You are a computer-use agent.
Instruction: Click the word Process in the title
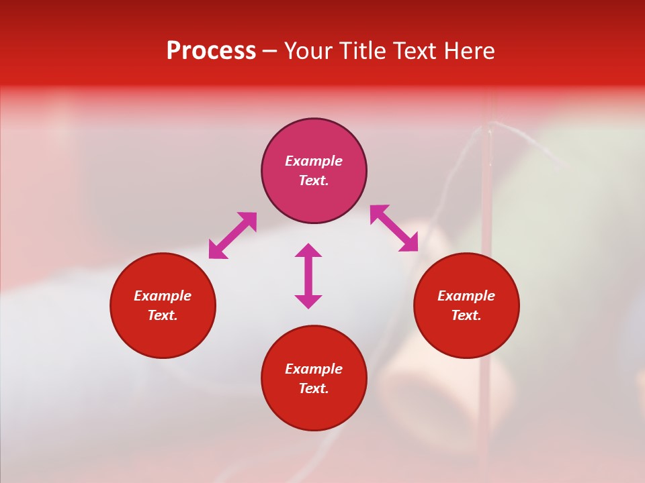pos(211,51)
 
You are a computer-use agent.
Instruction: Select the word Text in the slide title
pos(416,51)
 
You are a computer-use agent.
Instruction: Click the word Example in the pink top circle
pos(314,161)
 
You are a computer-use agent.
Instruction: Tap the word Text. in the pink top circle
pos(314,180)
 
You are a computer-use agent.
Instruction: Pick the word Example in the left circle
pos(163,296)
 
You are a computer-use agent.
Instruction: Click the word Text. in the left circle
pos(163,315)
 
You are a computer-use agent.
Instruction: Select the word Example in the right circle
pos(466,296)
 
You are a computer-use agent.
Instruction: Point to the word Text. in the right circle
pos(466,315)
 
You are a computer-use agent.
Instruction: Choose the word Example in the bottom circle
pos(314,369)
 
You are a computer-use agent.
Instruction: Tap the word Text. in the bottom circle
pos(314,388)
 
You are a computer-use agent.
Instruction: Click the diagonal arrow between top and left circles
pos(232,235)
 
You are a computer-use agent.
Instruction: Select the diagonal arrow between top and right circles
pos(394,228)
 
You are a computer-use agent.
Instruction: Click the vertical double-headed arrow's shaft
pos(308,276)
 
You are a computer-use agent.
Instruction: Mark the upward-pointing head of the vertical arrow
pos(308,250)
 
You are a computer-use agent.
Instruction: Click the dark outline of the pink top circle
pos(314,119)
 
